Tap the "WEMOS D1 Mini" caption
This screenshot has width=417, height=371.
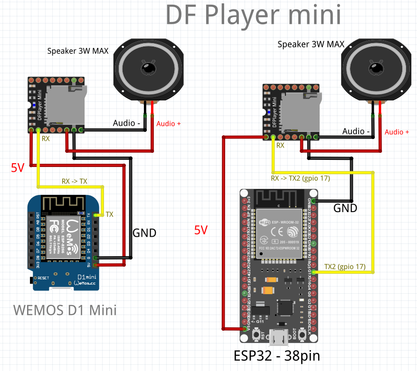pos(65,310)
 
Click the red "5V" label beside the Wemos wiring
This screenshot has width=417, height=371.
pos(18,167)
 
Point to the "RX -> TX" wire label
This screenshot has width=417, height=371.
pos(75,181)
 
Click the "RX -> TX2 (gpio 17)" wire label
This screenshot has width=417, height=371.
pos(300,179)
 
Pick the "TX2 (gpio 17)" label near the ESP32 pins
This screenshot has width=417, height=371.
pos(344,267)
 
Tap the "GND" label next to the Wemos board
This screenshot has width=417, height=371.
pos(144,232)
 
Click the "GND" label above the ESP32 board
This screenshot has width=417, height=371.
pos(345,207)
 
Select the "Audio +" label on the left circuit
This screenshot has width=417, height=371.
pos(169,123)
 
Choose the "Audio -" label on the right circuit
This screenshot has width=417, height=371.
pos(356,131)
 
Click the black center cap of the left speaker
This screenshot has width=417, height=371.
pos(148,68)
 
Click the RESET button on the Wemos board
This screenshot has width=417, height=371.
pos(34,278)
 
